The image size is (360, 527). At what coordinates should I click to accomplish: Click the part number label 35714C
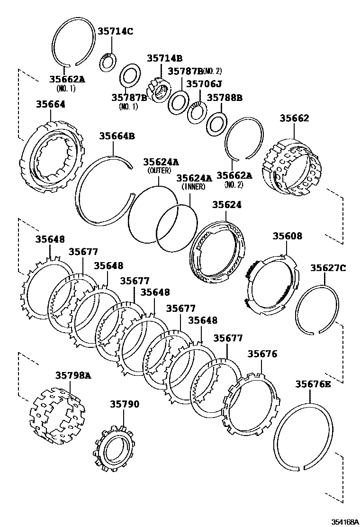116,32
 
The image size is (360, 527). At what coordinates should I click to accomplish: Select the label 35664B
117,136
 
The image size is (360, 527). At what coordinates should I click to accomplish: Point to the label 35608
287,236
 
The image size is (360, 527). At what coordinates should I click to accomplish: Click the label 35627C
328,268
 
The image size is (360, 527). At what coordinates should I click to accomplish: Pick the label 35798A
72,375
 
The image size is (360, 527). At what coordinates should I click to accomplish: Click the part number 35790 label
125,404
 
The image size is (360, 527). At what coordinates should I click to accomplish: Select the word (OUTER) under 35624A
159,170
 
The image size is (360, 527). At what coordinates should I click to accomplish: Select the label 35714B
164,58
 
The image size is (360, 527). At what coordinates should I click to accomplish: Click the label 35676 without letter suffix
262,354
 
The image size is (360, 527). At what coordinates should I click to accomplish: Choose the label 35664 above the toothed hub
51,104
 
